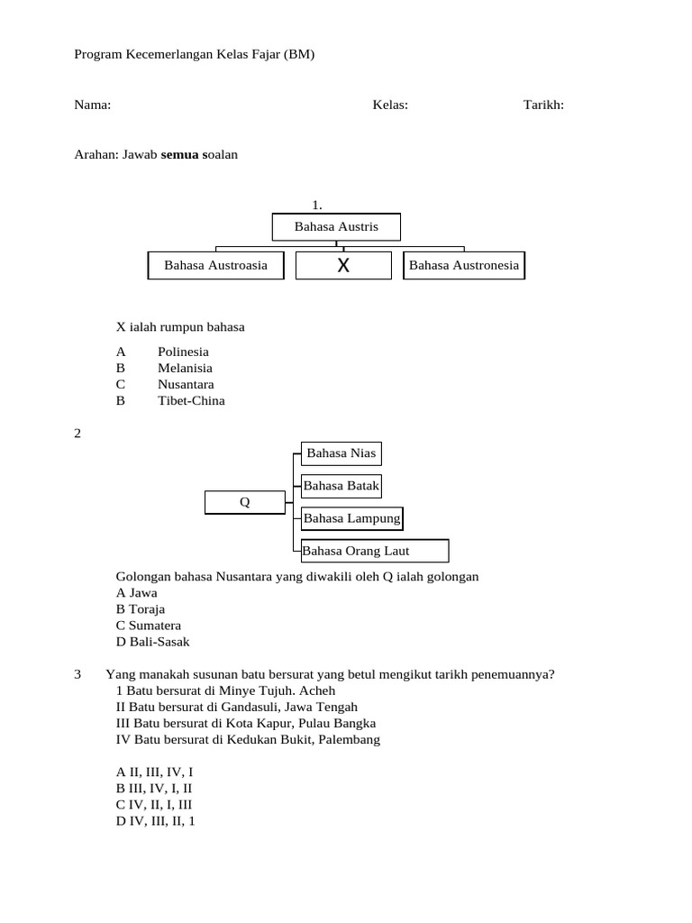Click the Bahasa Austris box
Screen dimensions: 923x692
(336, 227)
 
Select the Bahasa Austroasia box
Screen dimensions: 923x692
(215, 266)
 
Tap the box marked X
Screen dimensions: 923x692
(343, 266)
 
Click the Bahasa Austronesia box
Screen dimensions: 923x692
(464, 266)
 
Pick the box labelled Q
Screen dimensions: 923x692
(244, 502)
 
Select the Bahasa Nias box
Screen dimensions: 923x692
(341, 453)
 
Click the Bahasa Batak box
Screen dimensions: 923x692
(341, 486)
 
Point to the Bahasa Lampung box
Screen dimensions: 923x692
(351, 518)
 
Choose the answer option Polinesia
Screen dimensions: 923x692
(183, 352)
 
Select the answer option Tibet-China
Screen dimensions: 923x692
(191, 400)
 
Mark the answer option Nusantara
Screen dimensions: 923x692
(186, 384)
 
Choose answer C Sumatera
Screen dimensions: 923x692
(149, 626)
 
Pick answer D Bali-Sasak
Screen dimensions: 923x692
(153, 642)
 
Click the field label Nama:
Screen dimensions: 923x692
(92, 105)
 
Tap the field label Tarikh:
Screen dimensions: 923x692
(543, 105)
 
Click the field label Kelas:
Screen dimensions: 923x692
(390, 105)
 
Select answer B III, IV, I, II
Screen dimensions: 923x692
(154, 789)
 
